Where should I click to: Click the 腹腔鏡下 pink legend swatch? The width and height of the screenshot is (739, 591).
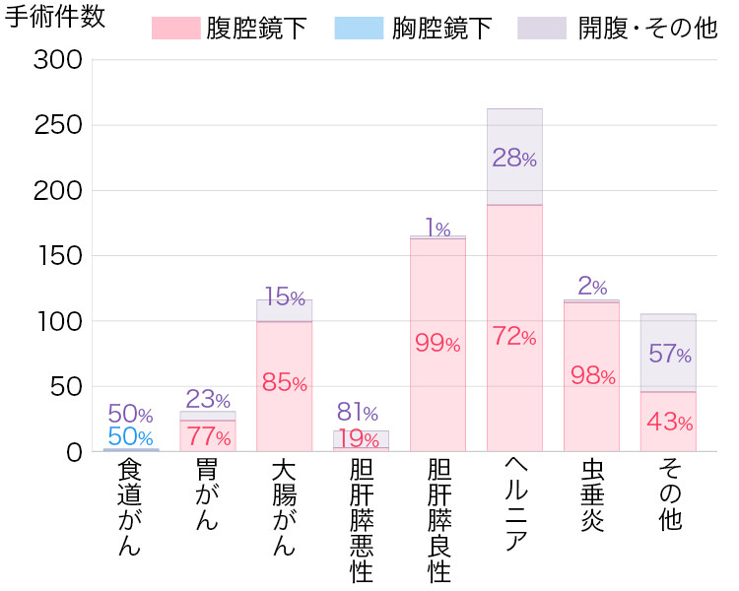tap(175, 28)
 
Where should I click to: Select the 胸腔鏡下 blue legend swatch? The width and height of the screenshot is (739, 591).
tap(358, 28)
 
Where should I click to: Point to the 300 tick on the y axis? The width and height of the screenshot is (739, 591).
tap(58, 60)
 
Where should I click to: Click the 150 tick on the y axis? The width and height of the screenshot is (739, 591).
tap(58, 256)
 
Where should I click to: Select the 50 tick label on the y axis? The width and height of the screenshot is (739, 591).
tap(66, 387)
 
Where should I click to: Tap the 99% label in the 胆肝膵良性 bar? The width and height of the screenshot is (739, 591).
tap(437, 344)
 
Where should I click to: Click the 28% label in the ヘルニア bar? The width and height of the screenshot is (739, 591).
tap(514, 158)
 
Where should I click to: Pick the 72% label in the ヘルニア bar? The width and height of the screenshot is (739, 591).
tap(514, 337)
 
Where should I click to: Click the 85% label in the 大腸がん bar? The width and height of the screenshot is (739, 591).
tap(285, 383)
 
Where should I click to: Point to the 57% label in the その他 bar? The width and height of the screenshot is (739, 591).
tap(669, 355)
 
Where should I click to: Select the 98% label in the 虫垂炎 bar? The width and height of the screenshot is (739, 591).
tap(592, 375)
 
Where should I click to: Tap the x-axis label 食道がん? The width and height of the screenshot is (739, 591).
tap(129, 506)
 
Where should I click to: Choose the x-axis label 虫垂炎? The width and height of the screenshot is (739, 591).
tap(591, 493)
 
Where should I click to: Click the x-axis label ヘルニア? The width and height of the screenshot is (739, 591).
tap(514, 505)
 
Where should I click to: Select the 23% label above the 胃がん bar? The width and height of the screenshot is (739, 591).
tap(207, 400)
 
